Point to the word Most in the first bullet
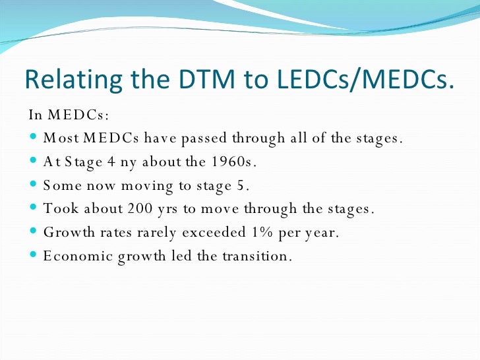tap(60, 139)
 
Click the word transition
tap(258, 255)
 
